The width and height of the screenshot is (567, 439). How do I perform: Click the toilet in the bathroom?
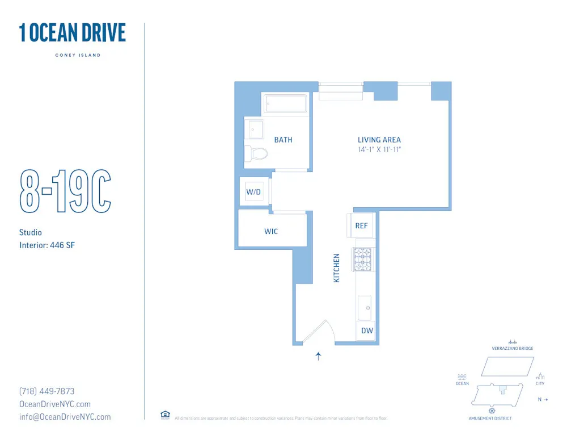tap(257, 153)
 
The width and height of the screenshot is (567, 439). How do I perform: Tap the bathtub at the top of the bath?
tap(285, 104)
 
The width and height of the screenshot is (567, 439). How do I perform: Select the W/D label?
tap(253, 192)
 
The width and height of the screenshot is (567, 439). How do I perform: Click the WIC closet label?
tap(271, 232)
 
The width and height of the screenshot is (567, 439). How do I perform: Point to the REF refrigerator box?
tap(361, 225)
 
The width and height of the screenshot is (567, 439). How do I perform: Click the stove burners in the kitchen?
tap(363, 260)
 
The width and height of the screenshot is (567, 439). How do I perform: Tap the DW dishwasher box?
tap(367, 331)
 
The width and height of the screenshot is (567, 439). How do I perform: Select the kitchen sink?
tap(365, 307)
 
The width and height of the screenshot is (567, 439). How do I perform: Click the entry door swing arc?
tap(321, 332)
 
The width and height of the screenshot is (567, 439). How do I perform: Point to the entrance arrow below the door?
tap(319, 357)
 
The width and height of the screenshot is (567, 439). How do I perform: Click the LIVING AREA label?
tap(379, 140)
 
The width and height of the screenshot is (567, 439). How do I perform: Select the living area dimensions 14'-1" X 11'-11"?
tap(379, 150)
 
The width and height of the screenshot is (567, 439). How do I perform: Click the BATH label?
tap(283, 140)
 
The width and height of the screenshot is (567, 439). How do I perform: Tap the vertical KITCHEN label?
tap(336, 269)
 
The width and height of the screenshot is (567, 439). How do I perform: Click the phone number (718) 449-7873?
tap(47, 391)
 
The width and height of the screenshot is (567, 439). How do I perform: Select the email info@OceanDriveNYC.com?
tap(65, 417)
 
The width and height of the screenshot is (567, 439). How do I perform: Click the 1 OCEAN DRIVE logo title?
tap(73, 33)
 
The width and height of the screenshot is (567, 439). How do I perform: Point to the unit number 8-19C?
tap(65, 191)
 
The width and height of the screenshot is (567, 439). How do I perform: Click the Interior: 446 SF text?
tap(48, 245)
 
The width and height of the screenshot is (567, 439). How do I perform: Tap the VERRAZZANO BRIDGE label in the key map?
tap(513, 348)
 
